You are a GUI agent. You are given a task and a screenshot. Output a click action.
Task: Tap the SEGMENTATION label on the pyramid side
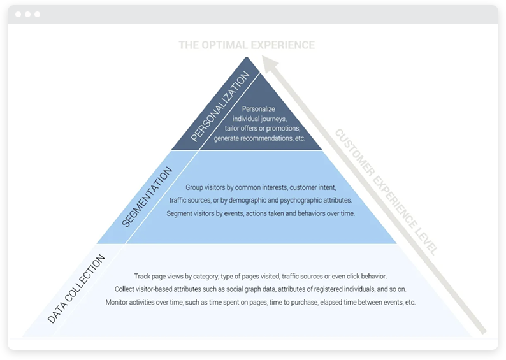pyautogui.click(x=147, y=197)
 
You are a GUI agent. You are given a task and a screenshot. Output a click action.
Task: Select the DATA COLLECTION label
pyautogui.click(x=76, y=289)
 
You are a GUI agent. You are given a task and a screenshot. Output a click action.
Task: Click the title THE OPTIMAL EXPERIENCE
pyautogui.click(x=247, y=45)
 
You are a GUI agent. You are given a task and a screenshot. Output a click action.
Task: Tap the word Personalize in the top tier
pyautogui.click(x=260, y=109)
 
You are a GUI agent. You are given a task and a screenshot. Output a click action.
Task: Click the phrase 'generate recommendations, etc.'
pyautogui.click(x=260, y=138)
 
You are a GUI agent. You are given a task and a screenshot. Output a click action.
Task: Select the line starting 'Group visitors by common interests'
pyautogui.click(x=260, y=188)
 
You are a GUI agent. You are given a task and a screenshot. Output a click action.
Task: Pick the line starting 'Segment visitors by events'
pyautogui.click(x=260, y=213)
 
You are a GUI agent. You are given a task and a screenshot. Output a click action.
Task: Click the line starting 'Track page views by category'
pyautogui.click(x=260, y=277)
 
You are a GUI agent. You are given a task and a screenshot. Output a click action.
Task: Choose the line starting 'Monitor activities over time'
pyautogui.click(x=260, y=302)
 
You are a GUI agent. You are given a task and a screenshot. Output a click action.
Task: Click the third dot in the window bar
pyautogui.click(x=37, y=14)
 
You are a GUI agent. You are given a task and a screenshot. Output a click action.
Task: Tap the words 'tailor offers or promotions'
pyautogui.click(x=260, y=129)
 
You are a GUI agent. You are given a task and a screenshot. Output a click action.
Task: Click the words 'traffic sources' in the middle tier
pyautogui.click(x=191, y=201)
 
